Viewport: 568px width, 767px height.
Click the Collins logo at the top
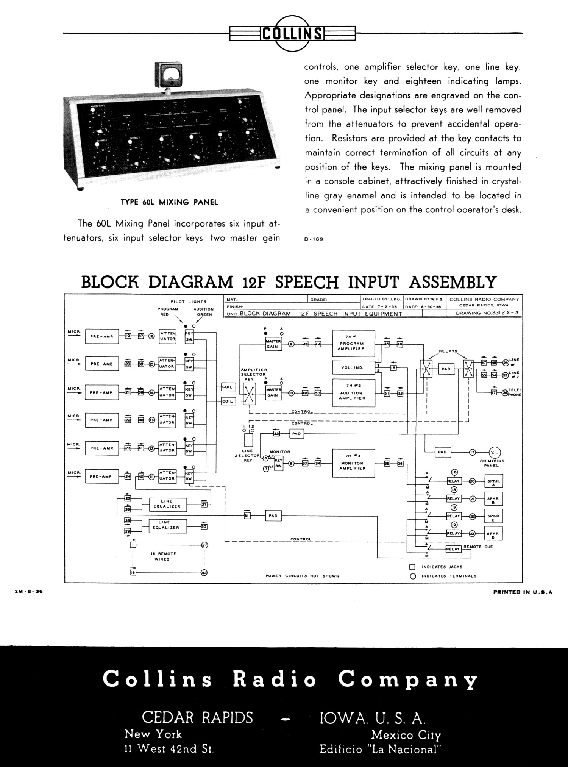click(x=292, y=33)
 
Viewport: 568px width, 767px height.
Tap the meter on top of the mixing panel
click(x=169, y=75)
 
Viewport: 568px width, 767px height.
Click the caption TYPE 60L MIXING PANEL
click(x=169, y=202)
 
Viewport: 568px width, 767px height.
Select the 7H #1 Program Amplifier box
click(x=353, y=344)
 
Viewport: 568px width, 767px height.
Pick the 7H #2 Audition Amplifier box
click(x=353, y=393)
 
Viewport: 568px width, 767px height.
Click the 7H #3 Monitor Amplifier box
click(x=353, y=463)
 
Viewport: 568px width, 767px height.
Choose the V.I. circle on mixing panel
click(x=494, y=452)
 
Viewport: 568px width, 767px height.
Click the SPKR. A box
click(x=493, y=481)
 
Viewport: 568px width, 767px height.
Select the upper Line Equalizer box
click(x=167, y=504)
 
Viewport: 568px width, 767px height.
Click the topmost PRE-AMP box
click(x=102, y=336)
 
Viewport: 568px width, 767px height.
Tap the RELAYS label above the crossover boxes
click(x=448, y=351)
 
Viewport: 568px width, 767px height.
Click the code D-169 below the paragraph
click(x=314, y=239)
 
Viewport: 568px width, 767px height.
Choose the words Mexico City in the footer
click(x=406, y=735)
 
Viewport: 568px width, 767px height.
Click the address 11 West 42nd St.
click(x=169, y=749)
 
